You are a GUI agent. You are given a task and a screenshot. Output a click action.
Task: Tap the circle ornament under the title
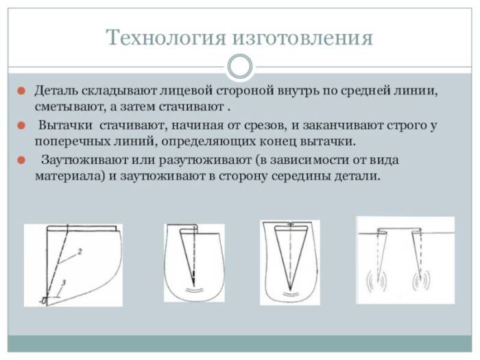click(x=239, y=67)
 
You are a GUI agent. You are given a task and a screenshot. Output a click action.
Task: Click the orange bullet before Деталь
click(x=22, y=91)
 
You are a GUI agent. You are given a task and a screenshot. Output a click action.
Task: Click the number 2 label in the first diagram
click(x=80, y=252)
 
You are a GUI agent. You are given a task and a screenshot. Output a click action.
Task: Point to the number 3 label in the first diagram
click(x=63, y=283)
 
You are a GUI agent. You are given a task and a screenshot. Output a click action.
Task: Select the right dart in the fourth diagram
click(x=416, y=254)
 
